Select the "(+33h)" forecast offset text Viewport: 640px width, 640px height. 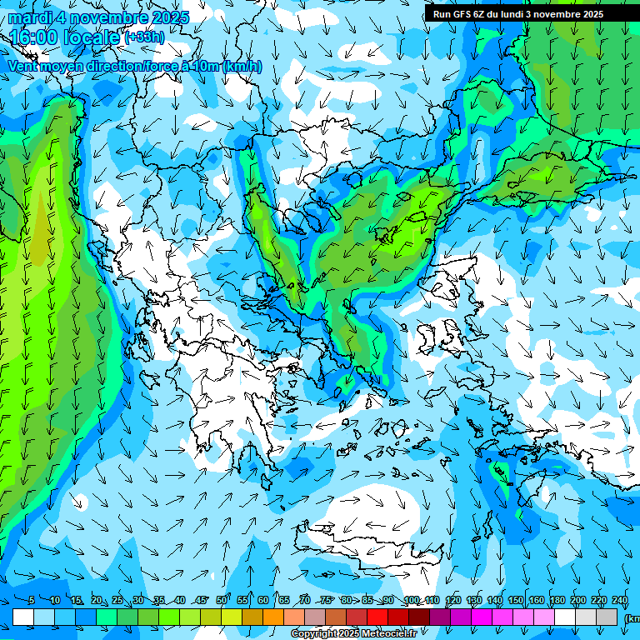144,37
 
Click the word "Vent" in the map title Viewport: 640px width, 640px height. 24,66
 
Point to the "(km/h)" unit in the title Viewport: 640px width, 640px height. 242,67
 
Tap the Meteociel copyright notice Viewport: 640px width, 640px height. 354,634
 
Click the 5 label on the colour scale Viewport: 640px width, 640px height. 31,601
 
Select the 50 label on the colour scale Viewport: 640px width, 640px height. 222,601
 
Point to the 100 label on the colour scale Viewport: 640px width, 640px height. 412,601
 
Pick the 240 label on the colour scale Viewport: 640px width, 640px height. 620,601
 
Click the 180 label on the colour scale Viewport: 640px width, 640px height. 557,601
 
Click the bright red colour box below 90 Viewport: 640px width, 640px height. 377,617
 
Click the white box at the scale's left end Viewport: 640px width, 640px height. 23,617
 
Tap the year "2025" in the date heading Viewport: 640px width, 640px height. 168,17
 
